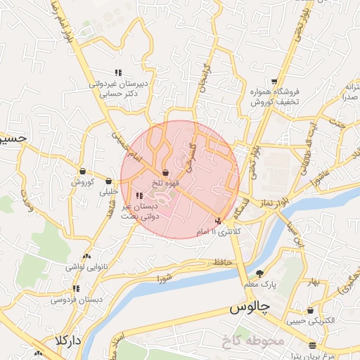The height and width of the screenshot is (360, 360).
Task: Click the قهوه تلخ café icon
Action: (165, 172)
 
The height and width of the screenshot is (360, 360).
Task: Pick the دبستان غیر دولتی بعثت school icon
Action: (138, 195)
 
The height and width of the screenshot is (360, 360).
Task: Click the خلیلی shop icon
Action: (108, 181)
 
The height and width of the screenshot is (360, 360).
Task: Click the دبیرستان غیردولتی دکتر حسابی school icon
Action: (118, 72)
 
